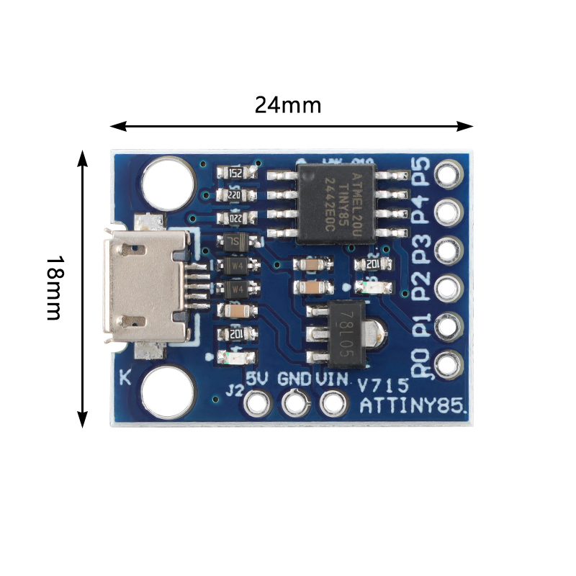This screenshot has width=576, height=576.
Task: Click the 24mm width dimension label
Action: click(287, 105)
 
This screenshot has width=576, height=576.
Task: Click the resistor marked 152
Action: click(235, 174)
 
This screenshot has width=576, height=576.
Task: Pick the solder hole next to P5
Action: click(447, 174)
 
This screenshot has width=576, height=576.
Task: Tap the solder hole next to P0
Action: click(447, 364)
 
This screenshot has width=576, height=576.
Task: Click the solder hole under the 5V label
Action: click(256, 402)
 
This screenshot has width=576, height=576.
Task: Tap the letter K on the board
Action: click(125, 377)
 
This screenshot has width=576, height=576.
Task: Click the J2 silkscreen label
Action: click(234, 391)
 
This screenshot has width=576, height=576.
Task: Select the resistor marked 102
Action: click(235, 334)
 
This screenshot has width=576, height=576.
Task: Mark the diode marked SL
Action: click(235, 242)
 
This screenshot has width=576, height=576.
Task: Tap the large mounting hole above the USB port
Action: click(168, 180)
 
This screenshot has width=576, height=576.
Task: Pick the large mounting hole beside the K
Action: click(168, 395)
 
